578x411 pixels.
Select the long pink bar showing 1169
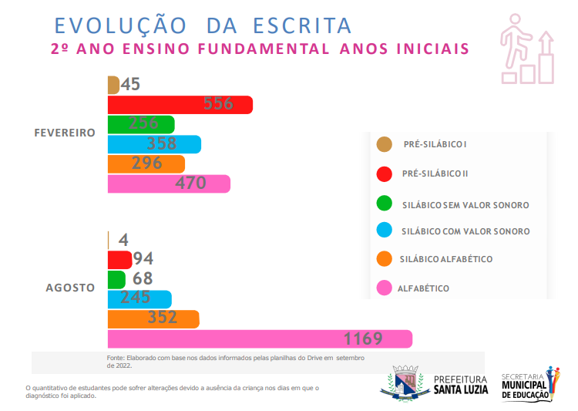[259, 339]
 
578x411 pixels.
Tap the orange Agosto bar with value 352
[153, 318]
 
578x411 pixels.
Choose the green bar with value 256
[140, 124]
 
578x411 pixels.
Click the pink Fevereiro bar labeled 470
[168, 184]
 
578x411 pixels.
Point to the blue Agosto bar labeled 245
[139, 298]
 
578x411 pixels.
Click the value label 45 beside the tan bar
[130, 85]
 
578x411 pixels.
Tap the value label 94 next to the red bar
[143, 259]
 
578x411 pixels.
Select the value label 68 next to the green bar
[143, 278]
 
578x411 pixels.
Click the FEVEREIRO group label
[65, 133]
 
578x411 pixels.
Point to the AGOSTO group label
[70, 288]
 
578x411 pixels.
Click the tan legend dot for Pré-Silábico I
[383, 144]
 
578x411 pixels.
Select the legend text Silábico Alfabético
[446, 259]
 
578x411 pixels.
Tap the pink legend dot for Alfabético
[383, 288]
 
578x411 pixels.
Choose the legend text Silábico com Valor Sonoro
[465, 231]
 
